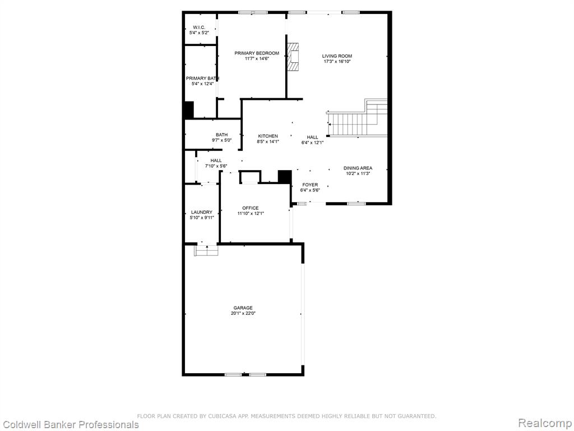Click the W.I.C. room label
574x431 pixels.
tap(199, 27)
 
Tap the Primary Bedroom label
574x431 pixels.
tap(257, 53)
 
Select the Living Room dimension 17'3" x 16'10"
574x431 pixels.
tap(337, 62)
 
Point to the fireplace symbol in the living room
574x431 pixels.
tap(293, 57)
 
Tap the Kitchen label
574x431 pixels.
tap(268, 136)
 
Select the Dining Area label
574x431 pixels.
tap(358, 168)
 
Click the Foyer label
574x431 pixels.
tap(309, 185)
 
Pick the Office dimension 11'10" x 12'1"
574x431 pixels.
tap(251, 213)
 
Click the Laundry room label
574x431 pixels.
tap(202, 212)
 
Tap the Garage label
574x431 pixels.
tap(243, 308)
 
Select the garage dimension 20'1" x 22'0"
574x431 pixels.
tap(243, 313)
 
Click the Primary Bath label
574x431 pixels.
tap(203, 79)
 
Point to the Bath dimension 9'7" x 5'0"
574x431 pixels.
tap(221, 140)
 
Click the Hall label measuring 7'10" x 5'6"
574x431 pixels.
tap(216, 161)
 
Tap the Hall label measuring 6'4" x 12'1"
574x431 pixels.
tap(312, 137)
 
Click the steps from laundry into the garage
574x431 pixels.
tap(207, 250)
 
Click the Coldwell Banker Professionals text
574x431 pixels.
tap(70, 425)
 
